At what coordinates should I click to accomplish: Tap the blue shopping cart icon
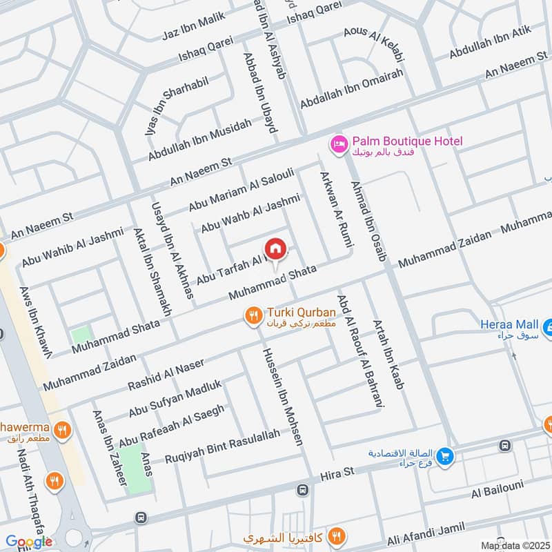[446, 456]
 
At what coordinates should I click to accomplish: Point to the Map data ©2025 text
[514, 546]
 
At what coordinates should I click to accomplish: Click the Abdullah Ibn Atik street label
[491, 42]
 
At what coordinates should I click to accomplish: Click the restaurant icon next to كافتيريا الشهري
[336, 536]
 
